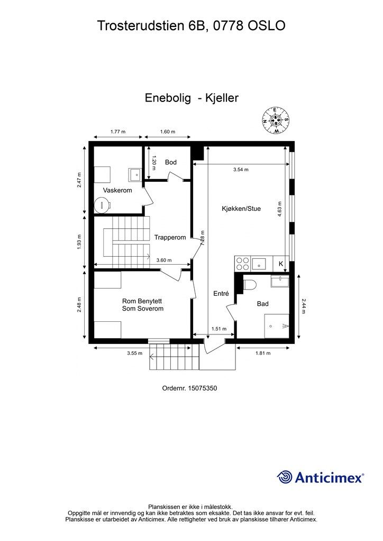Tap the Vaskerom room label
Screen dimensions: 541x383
pos(117,190)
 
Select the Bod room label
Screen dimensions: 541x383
pos(170,162)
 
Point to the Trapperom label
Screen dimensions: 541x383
pos(170,238)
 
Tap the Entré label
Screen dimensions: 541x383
pos(221,294)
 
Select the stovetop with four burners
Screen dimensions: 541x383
pos(242,263)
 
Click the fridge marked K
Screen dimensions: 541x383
pos(281,263)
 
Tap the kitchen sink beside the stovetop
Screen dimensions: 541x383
pos(260,263)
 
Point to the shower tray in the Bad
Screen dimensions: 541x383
pos(277,326)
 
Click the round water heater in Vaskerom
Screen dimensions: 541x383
pos(102,204)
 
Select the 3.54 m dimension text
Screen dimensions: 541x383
pos(241,170)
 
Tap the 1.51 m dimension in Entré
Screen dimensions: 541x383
pos(218,329)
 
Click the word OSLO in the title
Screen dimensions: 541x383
pos(267,25)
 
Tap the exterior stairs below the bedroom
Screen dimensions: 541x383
pos(170,357)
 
